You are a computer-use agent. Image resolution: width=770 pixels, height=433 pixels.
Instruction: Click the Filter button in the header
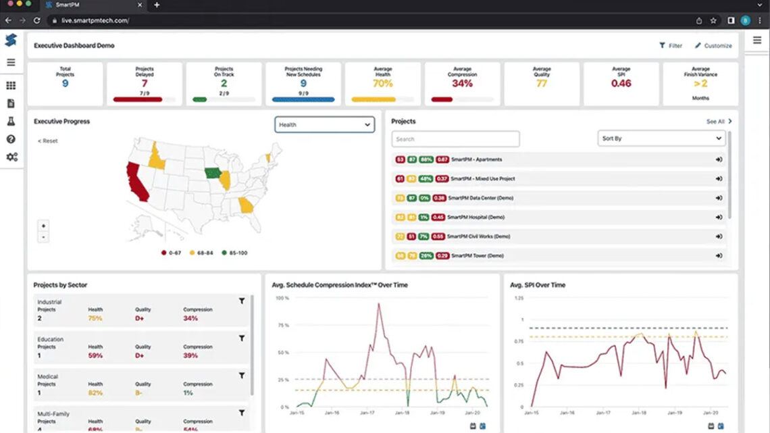[671, 46]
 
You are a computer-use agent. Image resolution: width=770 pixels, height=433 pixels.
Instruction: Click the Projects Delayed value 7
[144, 83]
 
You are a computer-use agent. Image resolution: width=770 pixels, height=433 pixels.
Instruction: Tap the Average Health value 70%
[382, 83]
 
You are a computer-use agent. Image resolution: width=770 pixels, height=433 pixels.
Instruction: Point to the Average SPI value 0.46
[621, 83]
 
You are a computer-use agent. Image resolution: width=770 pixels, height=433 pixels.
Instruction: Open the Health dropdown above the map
[324, 124]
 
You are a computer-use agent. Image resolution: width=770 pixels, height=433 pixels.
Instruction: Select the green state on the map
[212, 173]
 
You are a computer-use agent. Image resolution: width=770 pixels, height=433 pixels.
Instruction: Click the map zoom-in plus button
[43, 226]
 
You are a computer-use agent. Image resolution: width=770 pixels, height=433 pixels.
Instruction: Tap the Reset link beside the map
[48, 141]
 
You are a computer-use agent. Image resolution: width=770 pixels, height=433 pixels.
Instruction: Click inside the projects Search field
[455, 139]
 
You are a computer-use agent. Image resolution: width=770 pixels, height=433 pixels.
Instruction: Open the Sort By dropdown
[661, 138]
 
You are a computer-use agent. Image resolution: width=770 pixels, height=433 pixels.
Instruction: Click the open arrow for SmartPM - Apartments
[719, 159]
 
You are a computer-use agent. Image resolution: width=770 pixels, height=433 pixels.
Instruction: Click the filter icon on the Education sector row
[242, 338]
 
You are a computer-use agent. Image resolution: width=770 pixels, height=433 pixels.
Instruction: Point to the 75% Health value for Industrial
[95, 318]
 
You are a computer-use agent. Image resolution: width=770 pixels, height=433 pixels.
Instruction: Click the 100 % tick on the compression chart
[282, 298]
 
